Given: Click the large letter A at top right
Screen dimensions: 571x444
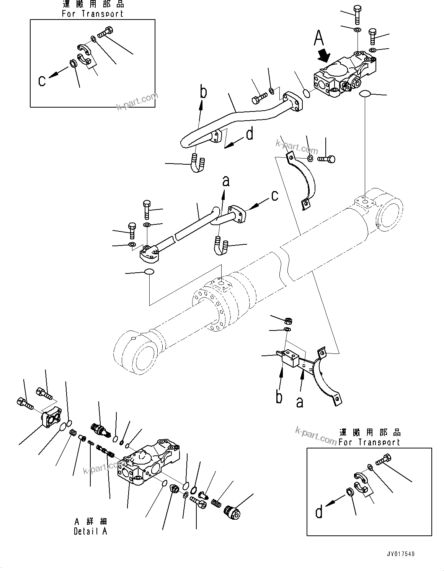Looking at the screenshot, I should (x=319, y=38).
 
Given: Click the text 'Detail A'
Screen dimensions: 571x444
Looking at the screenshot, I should (x=90, y=531).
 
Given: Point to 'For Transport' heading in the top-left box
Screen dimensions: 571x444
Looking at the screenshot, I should (x=93, y=13).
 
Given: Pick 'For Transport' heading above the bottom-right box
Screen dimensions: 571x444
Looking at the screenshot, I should (x=369, y=442).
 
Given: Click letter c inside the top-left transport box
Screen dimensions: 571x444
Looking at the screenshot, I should (x=42, y=80).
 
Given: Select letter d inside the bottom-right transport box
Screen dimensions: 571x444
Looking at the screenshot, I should (x=319, y=512).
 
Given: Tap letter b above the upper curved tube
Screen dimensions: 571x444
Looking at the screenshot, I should (x=204, y=92).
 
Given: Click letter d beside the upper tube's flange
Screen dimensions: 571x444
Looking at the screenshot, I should (x=250, y=134).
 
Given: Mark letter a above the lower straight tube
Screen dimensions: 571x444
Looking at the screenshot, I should (x=226, y=181).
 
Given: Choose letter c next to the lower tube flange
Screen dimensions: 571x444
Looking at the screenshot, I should (x=275, y=196).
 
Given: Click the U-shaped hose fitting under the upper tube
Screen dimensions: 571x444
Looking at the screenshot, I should (x=196, y=163).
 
